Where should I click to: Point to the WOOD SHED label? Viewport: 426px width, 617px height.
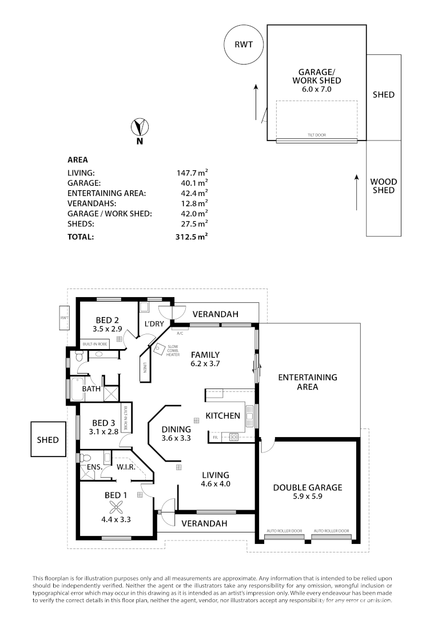click(x=383, y=186)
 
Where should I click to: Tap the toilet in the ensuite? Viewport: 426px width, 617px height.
click(x=85, y=458)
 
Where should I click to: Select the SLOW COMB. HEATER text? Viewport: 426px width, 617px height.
click(x=173, y=350)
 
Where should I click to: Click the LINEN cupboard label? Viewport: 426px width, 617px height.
click(x=145, y=368)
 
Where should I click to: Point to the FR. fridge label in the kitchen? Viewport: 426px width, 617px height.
click(x=216, y=437)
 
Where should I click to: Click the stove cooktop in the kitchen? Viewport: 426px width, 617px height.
click(x=233, y=437)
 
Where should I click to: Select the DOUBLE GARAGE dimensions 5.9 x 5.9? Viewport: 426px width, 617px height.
click(x=308, y=498)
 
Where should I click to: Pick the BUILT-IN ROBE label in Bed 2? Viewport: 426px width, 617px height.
click(x=95, y=344)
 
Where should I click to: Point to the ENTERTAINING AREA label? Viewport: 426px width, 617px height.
click(x=307, y=382)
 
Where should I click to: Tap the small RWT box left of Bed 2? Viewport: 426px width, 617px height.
click(x=65, y=318)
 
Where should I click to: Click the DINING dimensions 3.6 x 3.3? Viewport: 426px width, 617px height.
click(x=176, y=438)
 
